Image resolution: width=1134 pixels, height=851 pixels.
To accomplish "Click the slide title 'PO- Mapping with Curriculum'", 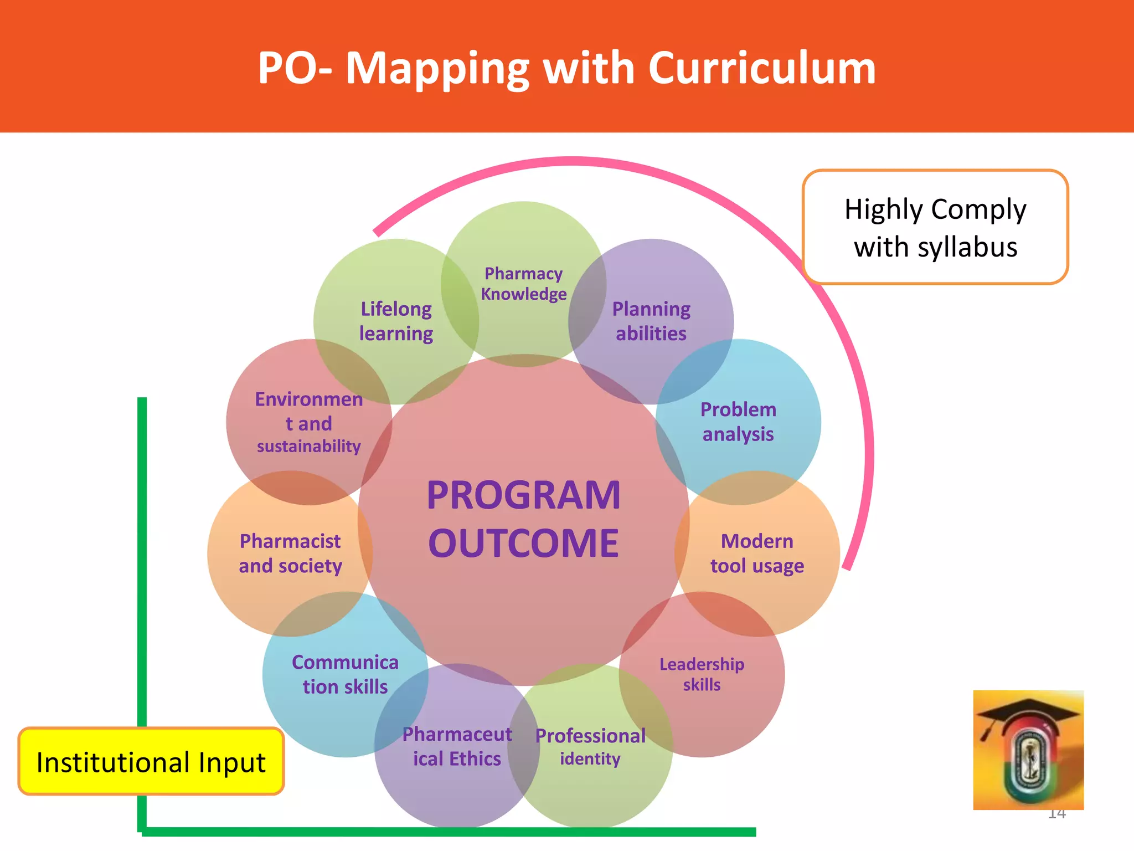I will [566, 68].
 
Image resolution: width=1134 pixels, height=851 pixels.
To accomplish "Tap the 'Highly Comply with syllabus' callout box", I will [935, 227].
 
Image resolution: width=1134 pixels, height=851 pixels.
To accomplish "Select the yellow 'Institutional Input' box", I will [151, 762].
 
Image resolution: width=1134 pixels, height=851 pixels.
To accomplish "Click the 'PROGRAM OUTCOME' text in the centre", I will [523, 519].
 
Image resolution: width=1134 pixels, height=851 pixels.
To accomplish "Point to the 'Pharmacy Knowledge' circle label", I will [523, 284].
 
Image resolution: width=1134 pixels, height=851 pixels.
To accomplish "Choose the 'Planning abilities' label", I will [651, 321].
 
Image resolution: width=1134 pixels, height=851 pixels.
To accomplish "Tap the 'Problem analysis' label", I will [738, 422].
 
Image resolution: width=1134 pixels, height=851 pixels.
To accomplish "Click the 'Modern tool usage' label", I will [757, 553].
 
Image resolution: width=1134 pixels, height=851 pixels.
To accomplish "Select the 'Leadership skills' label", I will [702, 674].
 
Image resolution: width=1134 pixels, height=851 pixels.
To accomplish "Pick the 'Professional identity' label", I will [590, 746].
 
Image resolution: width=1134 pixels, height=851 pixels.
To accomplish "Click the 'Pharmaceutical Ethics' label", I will [457, 746].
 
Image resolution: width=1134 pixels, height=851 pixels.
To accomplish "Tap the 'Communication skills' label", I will [345, 674].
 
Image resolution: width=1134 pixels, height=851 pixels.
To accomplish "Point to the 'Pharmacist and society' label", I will [290, 553].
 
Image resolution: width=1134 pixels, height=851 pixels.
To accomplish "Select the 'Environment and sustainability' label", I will [308, 422].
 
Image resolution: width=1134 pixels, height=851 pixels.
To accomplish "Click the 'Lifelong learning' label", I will [396, 321].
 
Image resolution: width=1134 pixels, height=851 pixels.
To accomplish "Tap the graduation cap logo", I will [1028, 750].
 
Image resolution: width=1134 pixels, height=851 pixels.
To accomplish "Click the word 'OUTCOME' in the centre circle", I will [523, 543].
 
